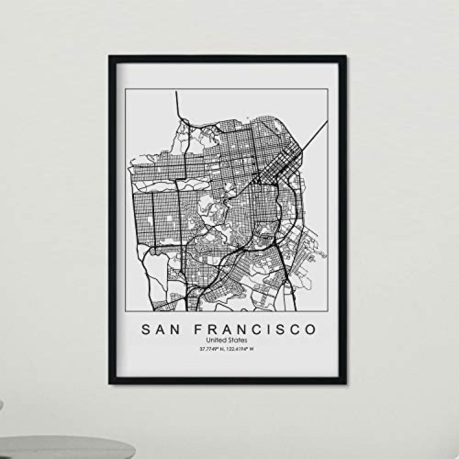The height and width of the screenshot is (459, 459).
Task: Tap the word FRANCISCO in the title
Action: click(255, 330)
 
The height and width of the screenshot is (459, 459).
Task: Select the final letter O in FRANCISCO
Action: click(311, 330)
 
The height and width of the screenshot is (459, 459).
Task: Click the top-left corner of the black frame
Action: click(110, 57)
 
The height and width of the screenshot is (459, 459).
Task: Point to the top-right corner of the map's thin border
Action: click(327, 89)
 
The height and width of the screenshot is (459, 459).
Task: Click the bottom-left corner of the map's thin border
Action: click(126, 311)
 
